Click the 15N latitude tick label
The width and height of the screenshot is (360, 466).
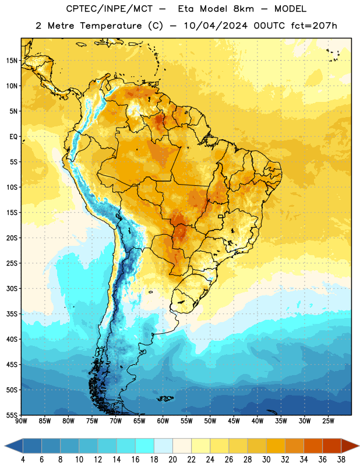point(12,61)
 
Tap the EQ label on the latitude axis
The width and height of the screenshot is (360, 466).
point(13,137)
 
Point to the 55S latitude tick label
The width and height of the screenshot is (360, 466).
point(12,415)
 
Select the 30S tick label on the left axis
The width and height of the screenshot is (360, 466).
point(12,288)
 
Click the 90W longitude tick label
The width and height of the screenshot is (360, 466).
point(22,421)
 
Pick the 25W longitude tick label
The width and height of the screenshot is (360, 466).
point(328,421)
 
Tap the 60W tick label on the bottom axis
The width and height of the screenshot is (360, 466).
point(163,421)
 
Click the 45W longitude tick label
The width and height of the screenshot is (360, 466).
point(234,421)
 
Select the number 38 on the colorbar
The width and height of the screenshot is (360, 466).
point(341,460)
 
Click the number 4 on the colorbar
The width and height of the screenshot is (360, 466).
point(23,460)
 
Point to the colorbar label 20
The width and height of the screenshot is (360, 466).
point(172,460)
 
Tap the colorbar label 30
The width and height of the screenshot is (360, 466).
point(266,460)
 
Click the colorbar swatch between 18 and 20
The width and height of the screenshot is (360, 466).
point(164,446)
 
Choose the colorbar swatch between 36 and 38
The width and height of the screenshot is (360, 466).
point(332,446)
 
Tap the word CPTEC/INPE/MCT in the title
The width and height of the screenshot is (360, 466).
point(110,9)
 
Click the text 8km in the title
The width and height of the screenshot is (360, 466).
point(243,9)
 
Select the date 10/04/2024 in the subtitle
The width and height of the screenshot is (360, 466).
point(216,26)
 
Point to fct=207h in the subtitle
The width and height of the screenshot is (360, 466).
point(314,26)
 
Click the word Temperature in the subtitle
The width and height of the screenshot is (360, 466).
point(111,26)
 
